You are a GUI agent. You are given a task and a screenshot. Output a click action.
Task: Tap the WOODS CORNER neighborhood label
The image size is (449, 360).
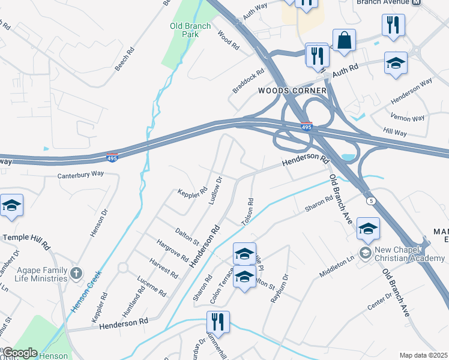pos(292,91)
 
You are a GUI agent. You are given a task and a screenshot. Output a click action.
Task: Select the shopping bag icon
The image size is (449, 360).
pos(345,41)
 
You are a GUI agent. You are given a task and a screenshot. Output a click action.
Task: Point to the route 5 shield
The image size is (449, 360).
pos(371,200)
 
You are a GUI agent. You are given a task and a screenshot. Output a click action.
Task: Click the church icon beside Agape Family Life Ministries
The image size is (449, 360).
pos(76,274)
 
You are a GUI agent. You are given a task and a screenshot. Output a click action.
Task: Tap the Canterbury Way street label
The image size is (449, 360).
pos(80,175)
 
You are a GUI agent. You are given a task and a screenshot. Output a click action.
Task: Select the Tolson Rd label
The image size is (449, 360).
pos(247,212)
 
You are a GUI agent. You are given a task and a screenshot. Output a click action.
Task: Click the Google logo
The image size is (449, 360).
pos(20,353)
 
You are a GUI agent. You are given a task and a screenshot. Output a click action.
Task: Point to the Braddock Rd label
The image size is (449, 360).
pos(249,82)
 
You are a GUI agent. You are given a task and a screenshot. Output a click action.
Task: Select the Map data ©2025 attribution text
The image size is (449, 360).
pos(423,355)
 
